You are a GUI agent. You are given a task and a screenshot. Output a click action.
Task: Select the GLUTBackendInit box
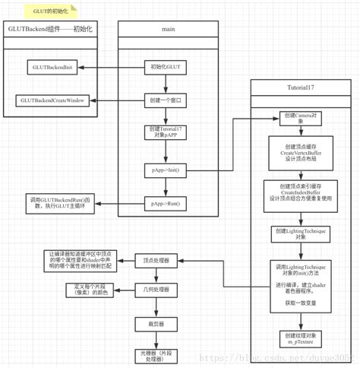coord(51,68)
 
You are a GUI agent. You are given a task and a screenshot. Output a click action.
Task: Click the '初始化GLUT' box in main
coord(166,68)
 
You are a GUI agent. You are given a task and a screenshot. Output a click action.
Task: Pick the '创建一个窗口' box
coord(166,100)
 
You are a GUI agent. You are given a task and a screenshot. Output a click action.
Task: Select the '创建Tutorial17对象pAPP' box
coord(166,132)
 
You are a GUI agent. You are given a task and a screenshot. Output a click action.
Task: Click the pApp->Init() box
coord(166,170)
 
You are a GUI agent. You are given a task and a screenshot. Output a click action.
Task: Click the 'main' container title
coord(166,29)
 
